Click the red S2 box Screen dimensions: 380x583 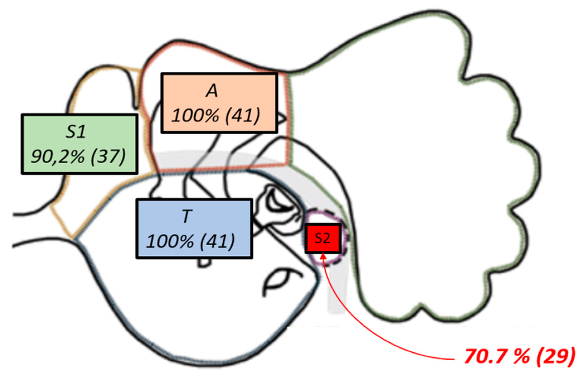tap(323, 238)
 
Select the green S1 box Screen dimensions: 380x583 tap(79, 144)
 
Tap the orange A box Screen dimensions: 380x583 tap(219, 103)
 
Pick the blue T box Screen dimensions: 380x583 tap(194, 229)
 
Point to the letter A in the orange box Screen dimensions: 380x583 tap(212, 91)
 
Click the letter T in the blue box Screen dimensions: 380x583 tap(187, 216)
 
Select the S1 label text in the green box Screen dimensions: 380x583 tap(75, 132)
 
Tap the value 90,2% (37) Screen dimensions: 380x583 tap(78, 156)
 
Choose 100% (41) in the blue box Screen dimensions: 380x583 tap(191, 241)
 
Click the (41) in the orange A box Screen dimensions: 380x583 tap(242, 115)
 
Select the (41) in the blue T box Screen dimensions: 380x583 tap(217, 241)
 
